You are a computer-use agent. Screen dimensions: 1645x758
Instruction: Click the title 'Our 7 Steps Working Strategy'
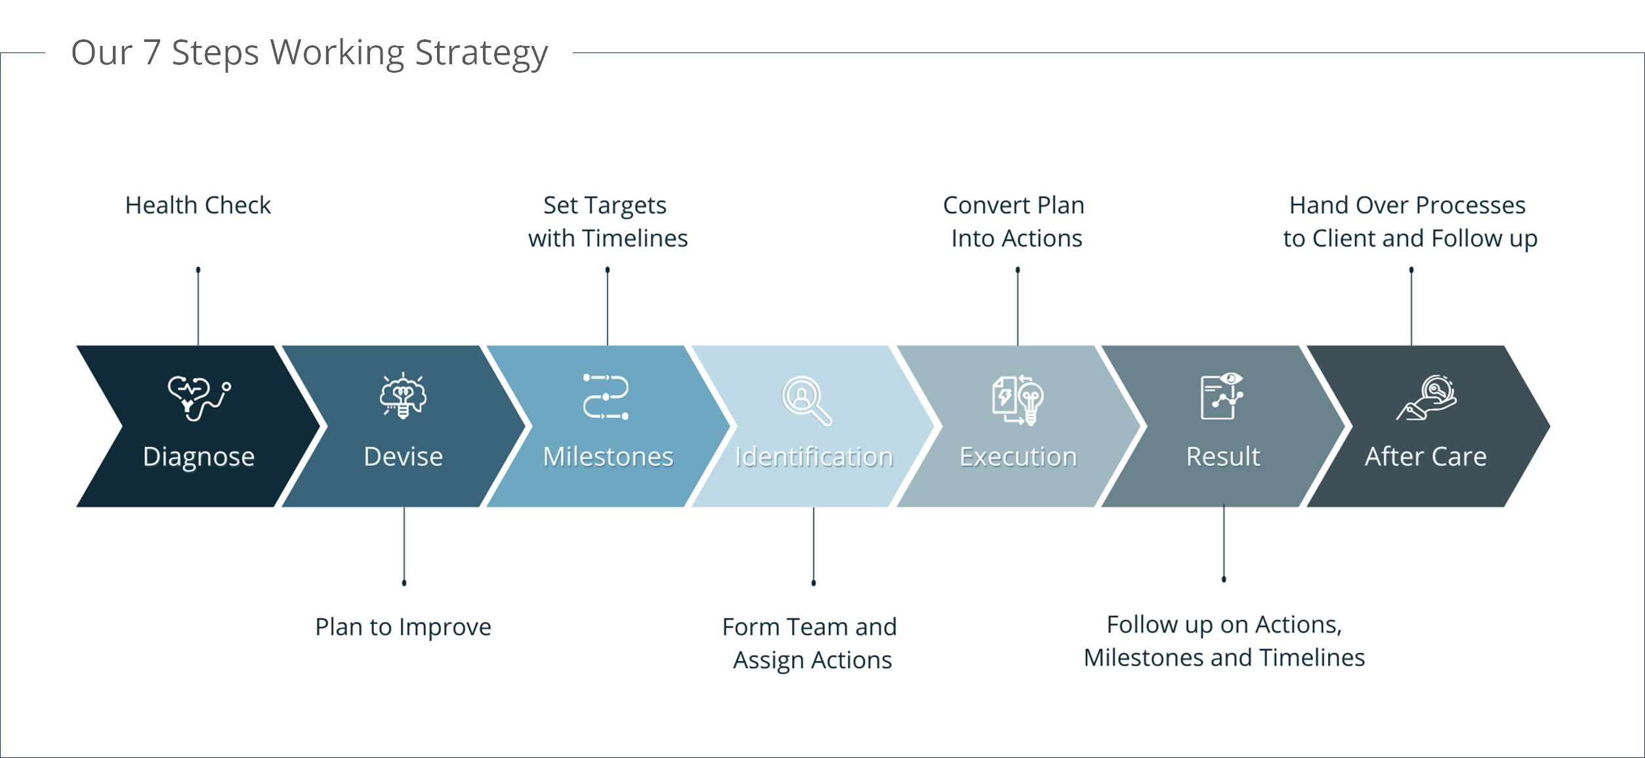tap(309, 53)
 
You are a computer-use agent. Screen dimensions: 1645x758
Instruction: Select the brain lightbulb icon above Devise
tap(403, 395)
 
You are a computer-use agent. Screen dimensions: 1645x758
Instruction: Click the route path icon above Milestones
tap(606, 397)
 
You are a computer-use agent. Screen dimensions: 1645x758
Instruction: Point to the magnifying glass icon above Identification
tap(806, 400)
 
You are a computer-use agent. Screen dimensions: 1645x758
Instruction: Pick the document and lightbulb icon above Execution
tap(1018, 400)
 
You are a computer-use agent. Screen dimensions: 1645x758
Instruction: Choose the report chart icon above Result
tap(1222, 396)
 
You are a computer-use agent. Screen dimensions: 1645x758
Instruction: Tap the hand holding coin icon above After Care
tap(1426, 397)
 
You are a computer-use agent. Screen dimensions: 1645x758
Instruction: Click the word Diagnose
tap(199, 457)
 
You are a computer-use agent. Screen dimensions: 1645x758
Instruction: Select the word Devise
tap(404, 456)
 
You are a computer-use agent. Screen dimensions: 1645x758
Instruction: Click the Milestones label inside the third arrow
tap(608, 456)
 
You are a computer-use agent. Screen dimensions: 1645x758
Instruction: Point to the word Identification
tap(814, 456)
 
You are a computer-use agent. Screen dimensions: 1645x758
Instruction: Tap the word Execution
tap(1018, 456)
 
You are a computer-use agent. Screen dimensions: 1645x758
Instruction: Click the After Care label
tap(1426, 456)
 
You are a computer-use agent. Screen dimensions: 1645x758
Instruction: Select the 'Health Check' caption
tap(198, 205)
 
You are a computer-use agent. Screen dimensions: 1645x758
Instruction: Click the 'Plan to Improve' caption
tap(404, 628)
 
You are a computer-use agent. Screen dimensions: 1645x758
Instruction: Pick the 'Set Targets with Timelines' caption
tap(608, 222)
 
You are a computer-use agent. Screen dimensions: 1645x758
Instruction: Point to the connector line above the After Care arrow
tap(1411, 306)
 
